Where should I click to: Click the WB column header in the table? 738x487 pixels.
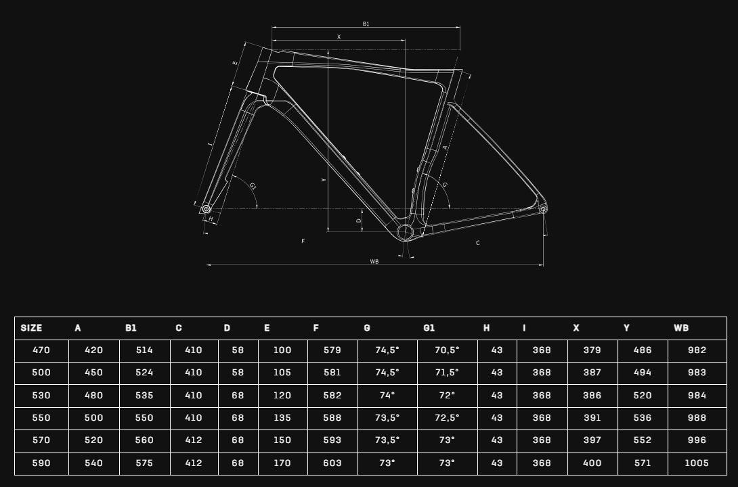[x=681, y=328]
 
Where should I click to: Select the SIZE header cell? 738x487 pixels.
[x=32, y=328]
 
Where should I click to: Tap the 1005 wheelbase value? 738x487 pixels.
[x=697, y=463]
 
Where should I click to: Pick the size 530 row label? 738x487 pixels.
[x=41, y=395]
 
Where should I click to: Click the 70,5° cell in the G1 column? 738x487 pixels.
[x=447, y=350]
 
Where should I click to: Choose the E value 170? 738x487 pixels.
[x=282, y=463]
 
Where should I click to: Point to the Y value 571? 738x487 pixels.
[x=643, y=463]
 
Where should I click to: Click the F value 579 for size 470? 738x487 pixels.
[x=332, y=350]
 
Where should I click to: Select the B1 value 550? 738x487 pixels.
[x=144, y=418]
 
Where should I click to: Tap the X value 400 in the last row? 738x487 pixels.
[x=592, y=463]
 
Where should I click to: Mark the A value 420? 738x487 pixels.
[x=93, y=350]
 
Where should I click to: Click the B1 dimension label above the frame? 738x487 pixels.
[x=366, y=24]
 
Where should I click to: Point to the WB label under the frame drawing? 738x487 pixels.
[x=374, y=261]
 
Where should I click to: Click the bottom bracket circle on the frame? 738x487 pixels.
[x=406, y=232]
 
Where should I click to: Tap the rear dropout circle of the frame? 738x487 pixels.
[x=543, y=209]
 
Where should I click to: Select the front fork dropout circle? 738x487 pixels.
[x=206, y=209]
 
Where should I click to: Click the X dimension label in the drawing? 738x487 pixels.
[x=339, y=37]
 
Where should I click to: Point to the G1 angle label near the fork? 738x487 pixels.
[x=253, y=186]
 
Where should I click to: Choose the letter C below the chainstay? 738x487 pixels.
[x=478, y=243]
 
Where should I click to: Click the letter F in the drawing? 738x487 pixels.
[x=303, y=241]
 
